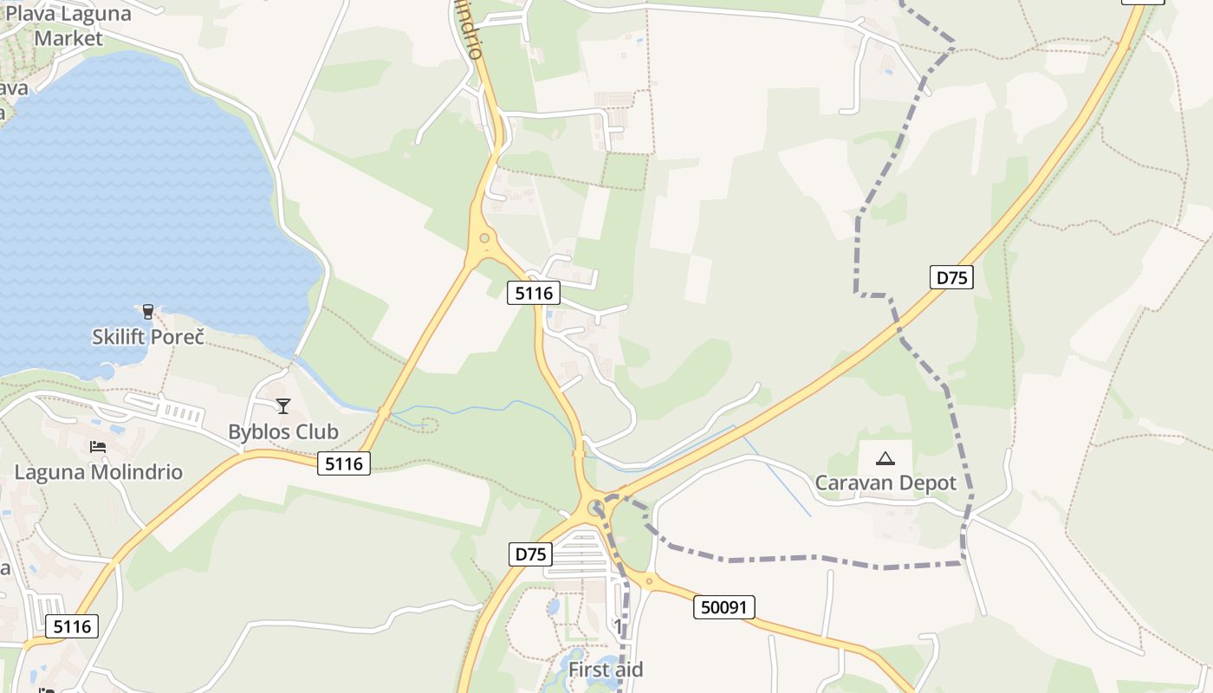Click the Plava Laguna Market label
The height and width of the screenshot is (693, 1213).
click(x=68, y=26)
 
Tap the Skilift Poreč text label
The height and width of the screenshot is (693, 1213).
click(x=148, y=336)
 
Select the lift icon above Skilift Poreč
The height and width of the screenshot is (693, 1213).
click(x=148, y=311)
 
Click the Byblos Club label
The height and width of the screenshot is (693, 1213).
click(x=283, y=431)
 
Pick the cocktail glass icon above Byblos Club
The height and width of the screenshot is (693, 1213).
click(x=283, y=405)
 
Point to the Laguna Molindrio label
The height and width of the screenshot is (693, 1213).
click(x=99, y=472)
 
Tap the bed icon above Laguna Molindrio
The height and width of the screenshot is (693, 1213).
click(x=98, y=447)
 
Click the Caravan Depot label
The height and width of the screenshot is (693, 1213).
click(x=885, y=483)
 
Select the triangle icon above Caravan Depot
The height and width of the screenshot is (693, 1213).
click(x=885, y=457)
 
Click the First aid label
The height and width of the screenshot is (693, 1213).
click(x=606, y=670)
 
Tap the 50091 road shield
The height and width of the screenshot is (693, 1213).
click(x=724, y=607)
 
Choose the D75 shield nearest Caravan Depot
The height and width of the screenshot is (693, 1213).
click(x=951, y=277)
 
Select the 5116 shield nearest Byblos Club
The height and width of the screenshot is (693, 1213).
click(x=344, y=463)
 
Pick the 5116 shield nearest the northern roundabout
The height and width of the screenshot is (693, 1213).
click(x=534, y=293)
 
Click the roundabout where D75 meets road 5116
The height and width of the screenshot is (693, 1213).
click(x=595, y=508)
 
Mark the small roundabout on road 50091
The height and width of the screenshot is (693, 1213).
click(x=649, y=581)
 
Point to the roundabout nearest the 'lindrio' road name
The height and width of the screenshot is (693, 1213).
click(x=484, y=238)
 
